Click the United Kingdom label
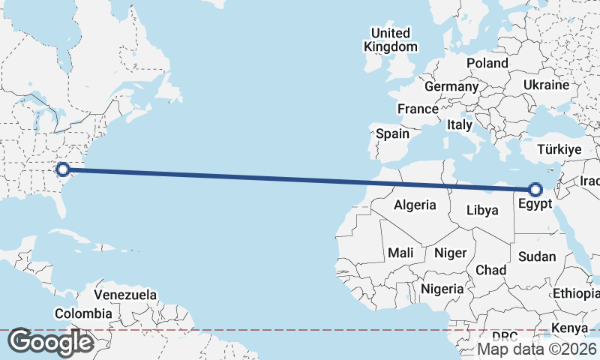[391, 40]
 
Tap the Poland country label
[487, 63]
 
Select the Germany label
[451, 86]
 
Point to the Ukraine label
[547, 84]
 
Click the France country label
[418, 109]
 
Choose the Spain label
[392, 134]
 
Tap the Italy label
[459, 125]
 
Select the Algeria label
[415, 205]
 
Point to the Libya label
[481, 210]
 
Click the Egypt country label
[535, 202]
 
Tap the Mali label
[401, 253]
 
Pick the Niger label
[450, 253]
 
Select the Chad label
[490, 269]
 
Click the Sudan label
[537, 256]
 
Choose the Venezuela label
[126, 295]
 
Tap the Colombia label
[84, 313]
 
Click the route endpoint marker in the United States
[63, 169]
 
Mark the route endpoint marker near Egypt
[535, 188]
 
